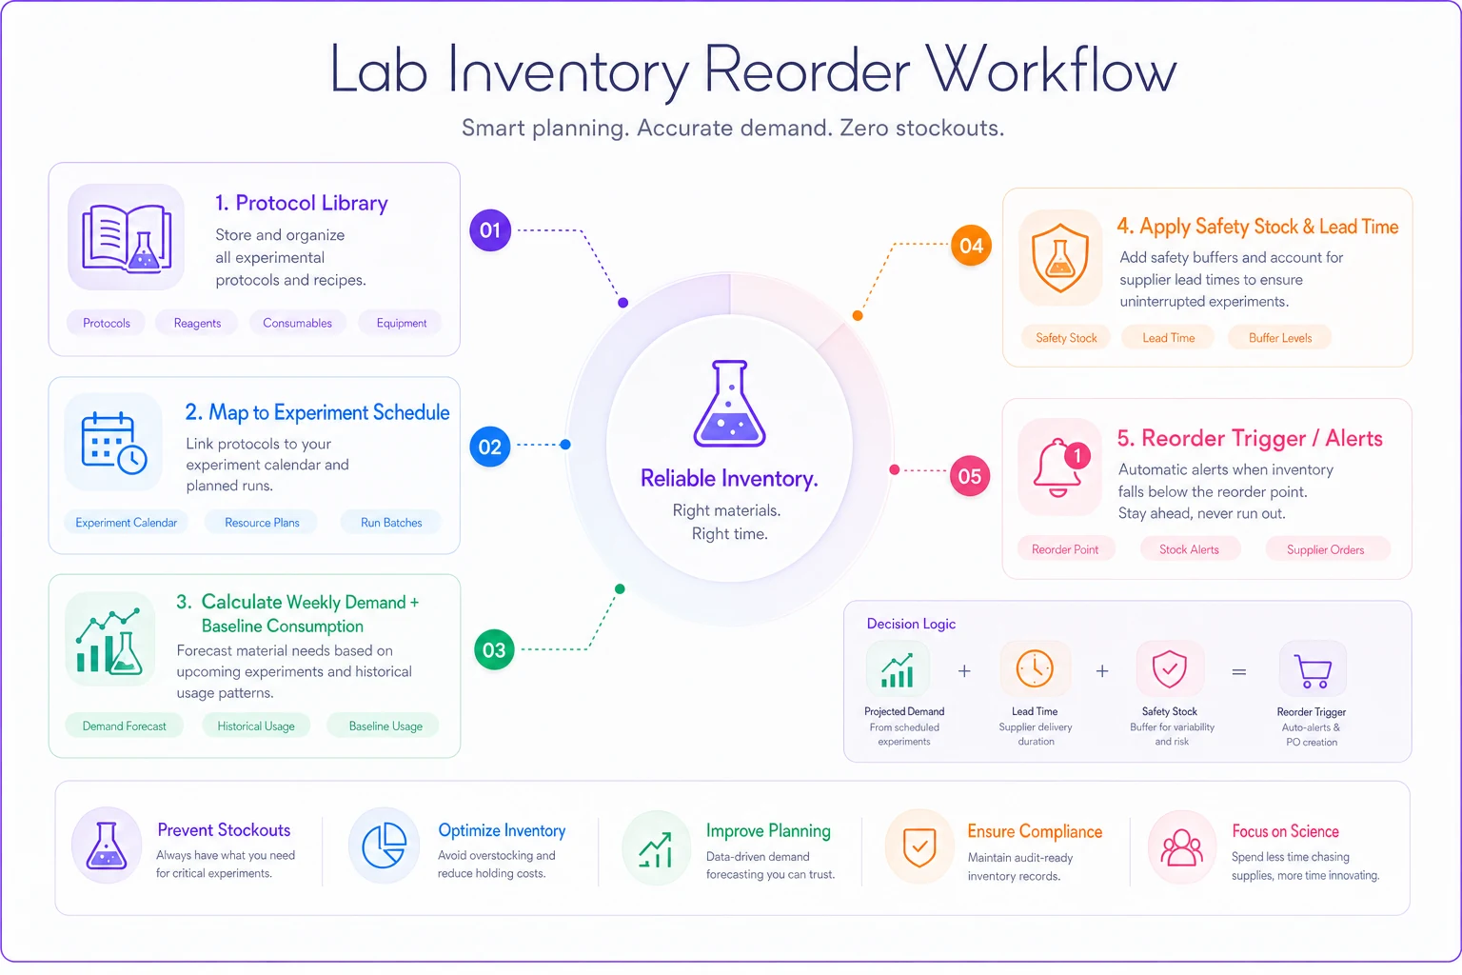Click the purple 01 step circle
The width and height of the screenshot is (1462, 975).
point(490,229)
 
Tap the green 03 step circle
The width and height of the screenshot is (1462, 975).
point(494,649)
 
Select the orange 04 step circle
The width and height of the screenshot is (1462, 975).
point(971,246)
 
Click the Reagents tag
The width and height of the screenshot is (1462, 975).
point(197,324)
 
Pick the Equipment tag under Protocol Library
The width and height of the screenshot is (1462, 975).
point(402,324)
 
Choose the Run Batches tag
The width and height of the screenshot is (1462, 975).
point(391,523)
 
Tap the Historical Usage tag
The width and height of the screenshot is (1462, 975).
point(256,726)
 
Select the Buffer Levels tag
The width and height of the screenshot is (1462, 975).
point(1280,338)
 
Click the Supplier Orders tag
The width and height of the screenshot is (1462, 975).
point(1325,550)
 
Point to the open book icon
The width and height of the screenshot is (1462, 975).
point(127,238)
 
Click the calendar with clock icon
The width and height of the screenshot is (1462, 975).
point(113,443)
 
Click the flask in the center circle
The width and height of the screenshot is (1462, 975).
point(730,404)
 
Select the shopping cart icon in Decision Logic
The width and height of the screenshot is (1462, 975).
point(1313,670)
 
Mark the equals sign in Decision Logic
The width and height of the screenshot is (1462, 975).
point(1238,672)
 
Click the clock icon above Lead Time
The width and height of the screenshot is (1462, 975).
point(1035,668)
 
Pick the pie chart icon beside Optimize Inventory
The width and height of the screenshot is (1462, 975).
point(384,846)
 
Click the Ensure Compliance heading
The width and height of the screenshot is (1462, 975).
point(1035,831)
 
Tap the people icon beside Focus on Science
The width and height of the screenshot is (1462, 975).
point(1181,847)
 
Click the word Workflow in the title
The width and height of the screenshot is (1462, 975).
point(1052,70)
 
